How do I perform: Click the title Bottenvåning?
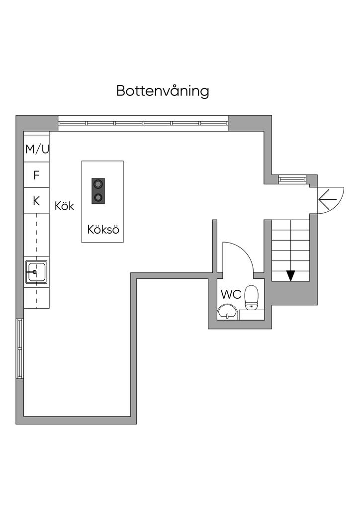click(163, 91)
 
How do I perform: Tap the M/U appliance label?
click(37, 149)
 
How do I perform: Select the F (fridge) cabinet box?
click(36, 175)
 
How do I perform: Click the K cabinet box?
click(36, 201)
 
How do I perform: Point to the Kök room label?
click(65, 206)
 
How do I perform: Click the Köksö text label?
click(103, 230)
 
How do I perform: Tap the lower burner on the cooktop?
click(98, 197)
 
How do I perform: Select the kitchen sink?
click(36, 272)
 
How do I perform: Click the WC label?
click(231, 294)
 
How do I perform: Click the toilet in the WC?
click(252, 297)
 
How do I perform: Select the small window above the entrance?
click(291, 178)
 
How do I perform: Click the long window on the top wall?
click(143, 123)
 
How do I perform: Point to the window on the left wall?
click(20, 348)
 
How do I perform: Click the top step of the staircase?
click(290, 225)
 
